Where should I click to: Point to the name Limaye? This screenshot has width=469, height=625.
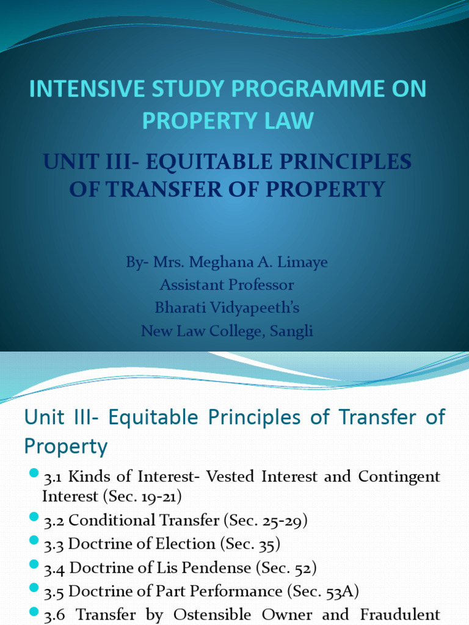pyautogui.click(x=301, y=262)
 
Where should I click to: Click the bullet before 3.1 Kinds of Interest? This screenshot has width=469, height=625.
pyautogui.click(x=33, y=475)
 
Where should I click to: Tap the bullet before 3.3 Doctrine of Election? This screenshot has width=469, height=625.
pyautogui.click(x=33, y=542)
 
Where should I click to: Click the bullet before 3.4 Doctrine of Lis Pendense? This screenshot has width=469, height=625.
pyautogui.click(x=33, y=566)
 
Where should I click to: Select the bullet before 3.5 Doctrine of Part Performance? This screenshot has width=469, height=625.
pyautogui.click(x=33, y=590)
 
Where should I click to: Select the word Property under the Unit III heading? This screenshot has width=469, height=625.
pyautogui.click(x=66, y=447)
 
